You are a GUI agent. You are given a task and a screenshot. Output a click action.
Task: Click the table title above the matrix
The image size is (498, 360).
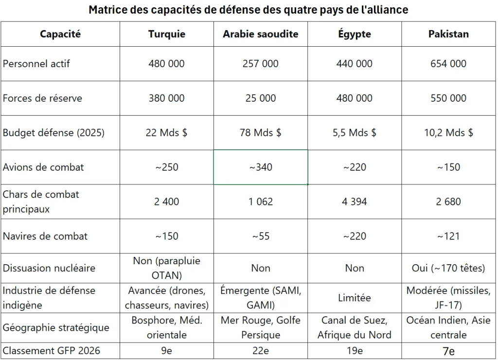pos(248,10)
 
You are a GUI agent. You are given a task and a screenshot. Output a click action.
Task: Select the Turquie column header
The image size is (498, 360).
pos(166,34)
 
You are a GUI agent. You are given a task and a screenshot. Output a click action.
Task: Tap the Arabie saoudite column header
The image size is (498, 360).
pos(260,34)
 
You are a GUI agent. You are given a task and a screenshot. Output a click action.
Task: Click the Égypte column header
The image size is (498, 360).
pos(354,34)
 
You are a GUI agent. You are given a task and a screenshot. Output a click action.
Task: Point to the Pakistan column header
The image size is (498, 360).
pos(448,34)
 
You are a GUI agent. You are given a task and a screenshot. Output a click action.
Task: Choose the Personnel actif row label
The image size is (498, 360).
pos(36,64)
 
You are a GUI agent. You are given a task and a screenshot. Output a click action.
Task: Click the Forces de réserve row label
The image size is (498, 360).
pos(42,98)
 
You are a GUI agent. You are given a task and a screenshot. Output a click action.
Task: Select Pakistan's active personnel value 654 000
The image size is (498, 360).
pos(448,64)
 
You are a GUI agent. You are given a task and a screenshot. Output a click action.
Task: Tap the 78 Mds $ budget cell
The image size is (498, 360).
pos(260,133)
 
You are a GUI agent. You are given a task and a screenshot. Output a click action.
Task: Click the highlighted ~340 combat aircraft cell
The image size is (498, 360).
pos(260,167)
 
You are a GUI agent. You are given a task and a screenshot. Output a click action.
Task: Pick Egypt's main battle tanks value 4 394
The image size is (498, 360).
pos(354,201)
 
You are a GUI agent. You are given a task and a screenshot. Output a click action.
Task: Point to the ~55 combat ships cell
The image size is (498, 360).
pos(260,236)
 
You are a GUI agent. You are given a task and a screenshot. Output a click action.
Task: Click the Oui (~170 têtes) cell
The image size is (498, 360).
pos(448,268)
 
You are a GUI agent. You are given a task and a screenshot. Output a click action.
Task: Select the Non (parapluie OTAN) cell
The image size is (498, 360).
pos(166,268)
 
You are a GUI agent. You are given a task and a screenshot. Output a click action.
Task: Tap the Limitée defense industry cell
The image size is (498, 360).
pos(354,298)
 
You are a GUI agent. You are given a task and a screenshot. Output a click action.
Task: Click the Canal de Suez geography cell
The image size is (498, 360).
pos(354,327)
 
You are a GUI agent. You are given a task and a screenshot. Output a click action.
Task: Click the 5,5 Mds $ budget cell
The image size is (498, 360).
pos(354,133)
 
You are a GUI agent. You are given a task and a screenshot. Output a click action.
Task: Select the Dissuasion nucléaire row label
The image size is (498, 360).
pos(49,268)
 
